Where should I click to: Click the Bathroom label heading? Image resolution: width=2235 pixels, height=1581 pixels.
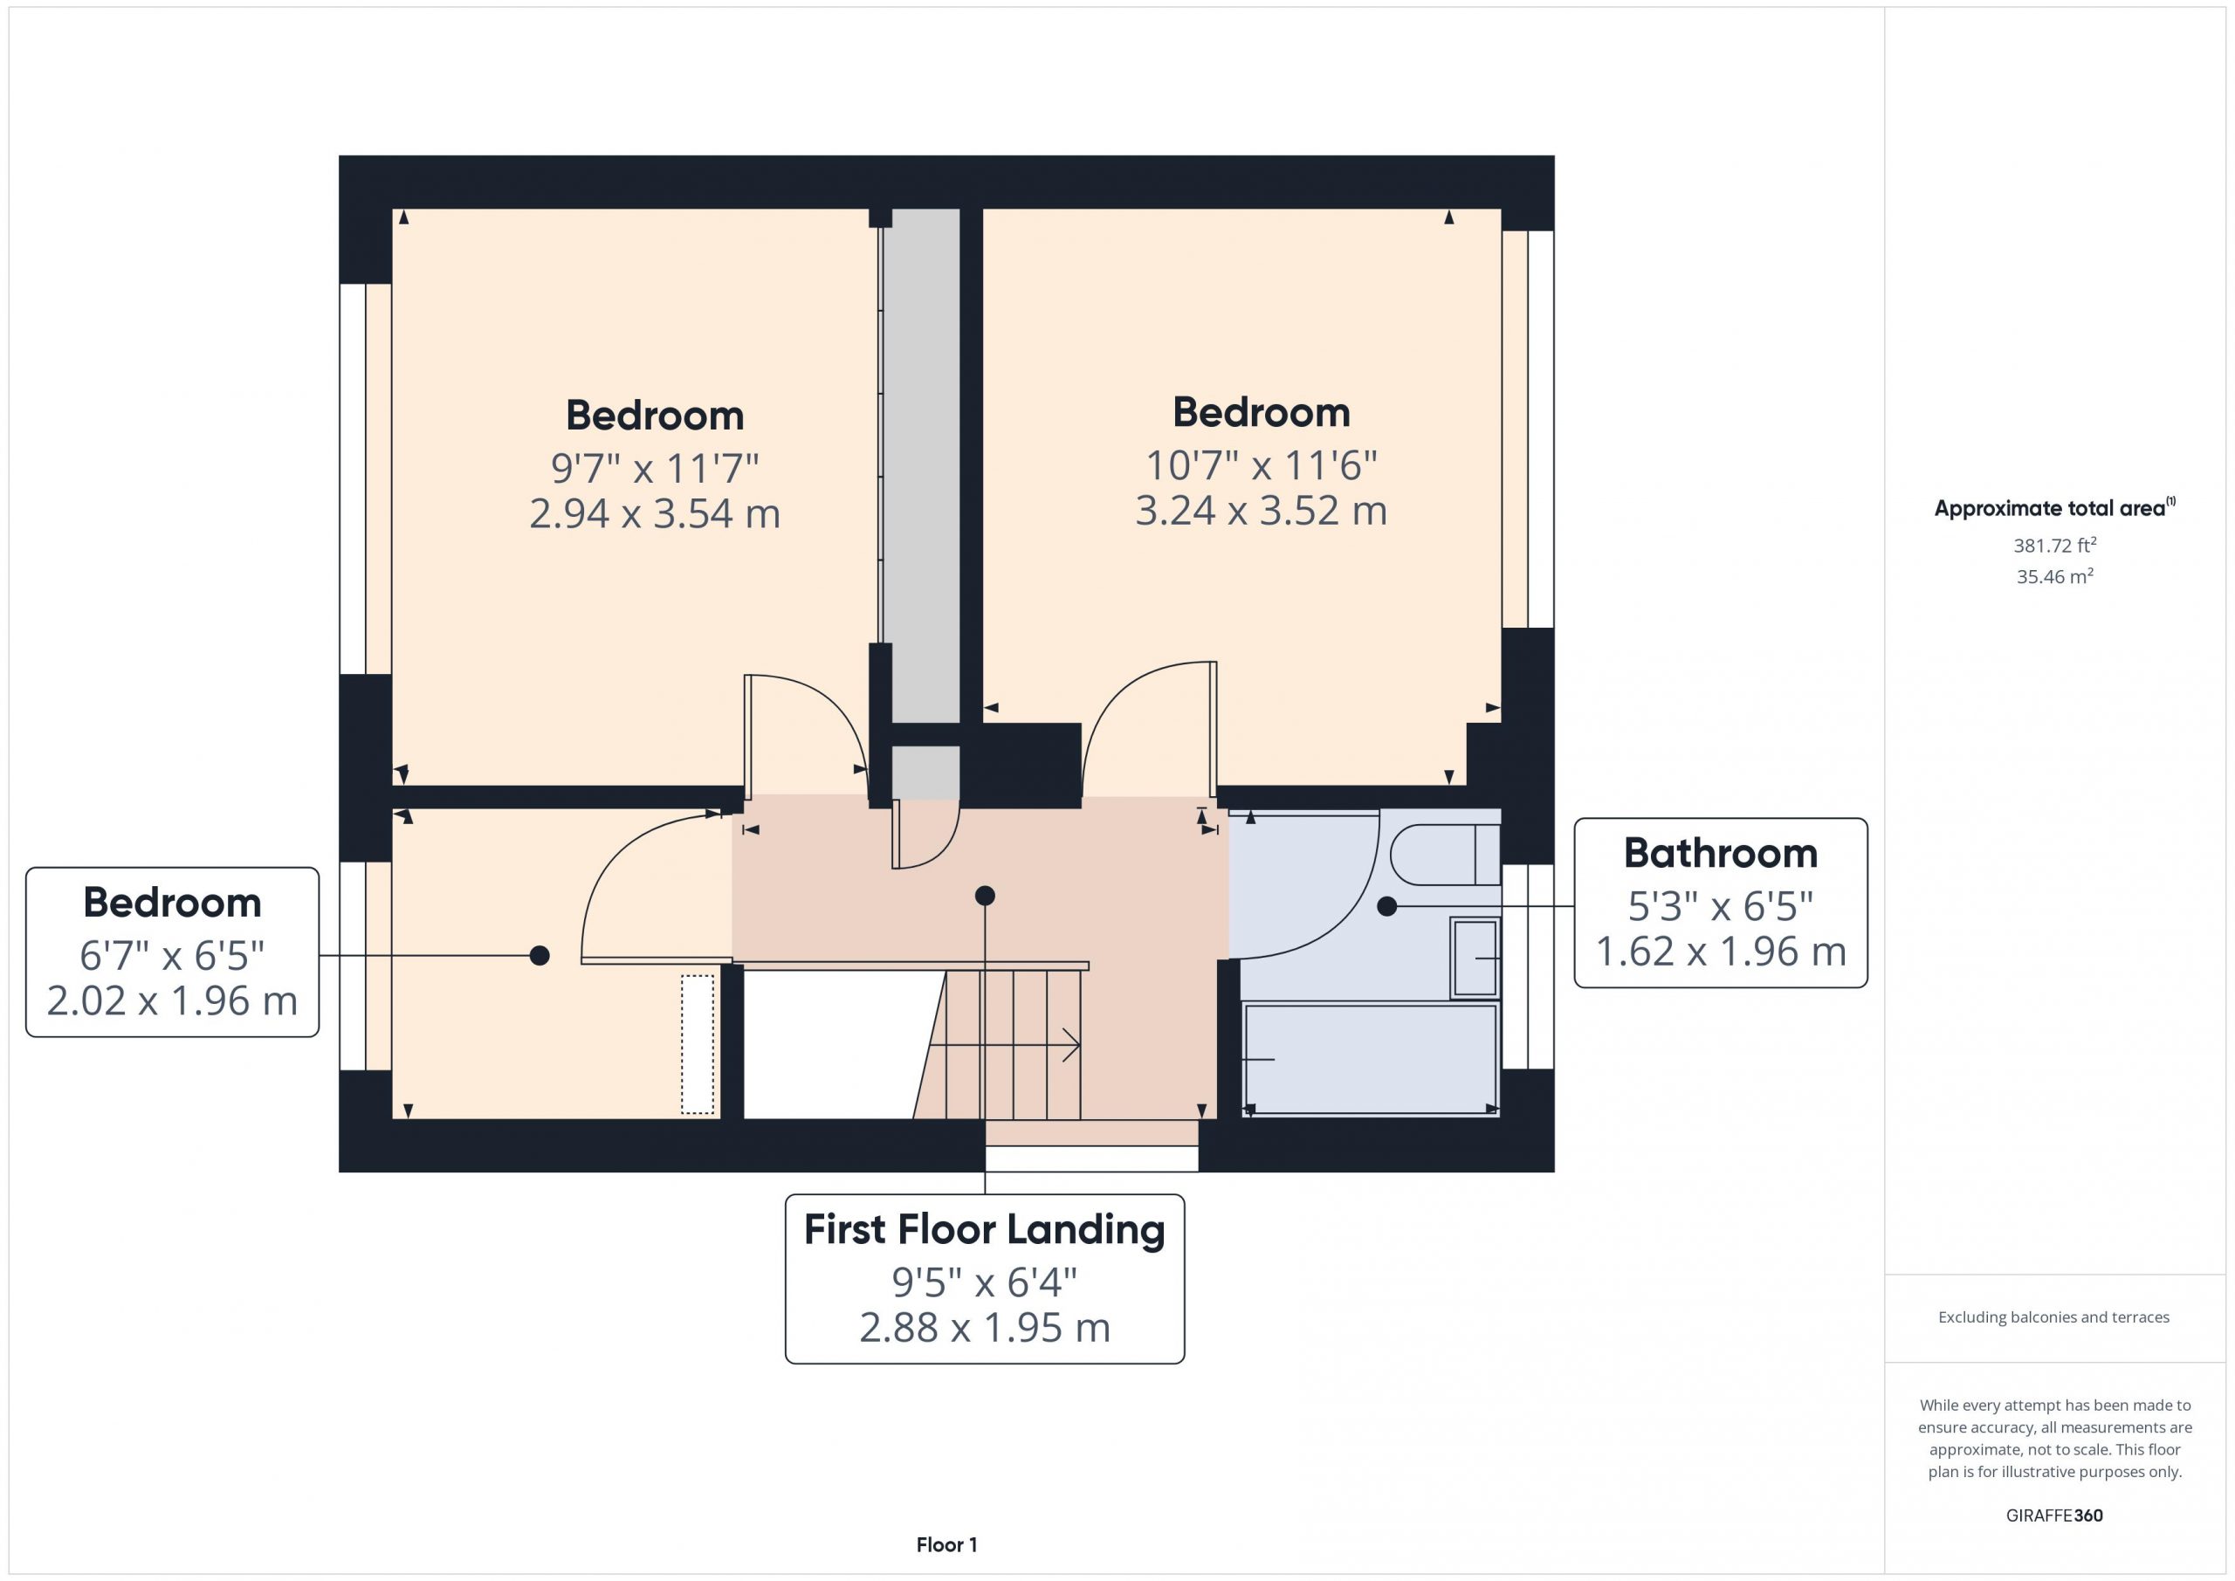click(x=1720, y=854)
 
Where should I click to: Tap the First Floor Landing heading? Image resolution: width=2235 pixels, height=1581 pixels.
click(x=984, y=1229)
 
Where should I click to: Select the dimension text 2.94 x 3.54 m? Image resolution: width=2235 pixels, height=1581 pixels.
click(x=654, y=514)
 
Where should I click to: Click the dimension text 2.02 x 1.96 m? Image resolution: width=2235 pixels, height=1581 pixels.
click(x=172, y=1000)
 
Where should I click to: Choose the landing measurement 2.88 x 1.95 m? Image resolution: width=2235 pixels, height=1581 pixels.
click(x=984, y=1328)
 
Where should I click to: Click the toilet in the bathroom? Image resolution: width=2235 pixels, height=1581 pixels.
click(x=1445, y=855)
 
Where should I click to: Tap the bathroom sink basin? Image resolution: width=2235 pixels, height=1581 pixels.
click(x=1475, y=958)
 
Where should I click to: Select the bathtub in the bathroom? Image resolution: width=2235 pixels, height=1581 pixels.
click(x=1371, y=1060)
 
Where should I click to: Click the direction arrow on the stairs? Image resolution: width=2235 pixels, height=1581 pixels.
click(x=1006, y=1045)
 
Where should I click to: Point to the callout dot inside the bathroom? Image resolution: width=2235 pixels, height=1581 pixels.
click(x=1387, y=906)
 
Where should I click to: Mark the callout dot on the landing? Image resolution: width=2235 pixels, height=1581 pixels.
click(x=984, y=896)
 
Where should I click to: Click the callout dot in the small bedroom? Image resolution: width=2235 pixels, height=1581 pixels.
click(x=540, y=956)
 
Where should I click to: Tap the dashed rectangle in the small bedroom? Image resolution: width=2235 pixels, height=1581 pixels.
click(x=697, y=1045)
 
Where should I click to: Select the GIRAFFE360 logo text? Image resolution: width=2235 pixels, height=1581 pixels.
click(x=2054, y=1516)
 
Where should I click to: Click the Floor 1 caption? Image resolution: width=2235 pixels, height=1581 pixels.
click(x=946, y=1545)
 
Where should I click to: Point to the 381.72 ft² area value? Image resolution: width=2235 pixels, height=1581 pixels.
click(x=2054, y=544)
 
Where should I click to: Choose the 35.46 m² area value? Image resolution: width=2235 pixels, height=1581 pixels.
click(x=2054, y=575)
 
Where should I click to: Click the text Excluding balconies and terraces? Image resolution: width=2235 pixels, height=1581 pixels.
click(x=2054, y=1317)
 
